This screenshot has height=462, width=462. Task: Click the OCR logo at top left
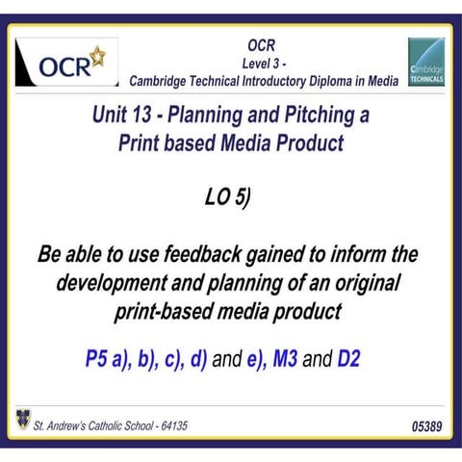tap(68, 64)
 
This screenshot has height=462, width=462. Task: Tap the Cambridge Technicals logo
tap(425, 64)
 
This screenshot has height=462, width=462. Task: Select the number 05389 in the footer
tap(427, 424)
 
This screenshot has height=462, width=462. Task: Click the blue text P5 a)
tap(106, 361)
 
